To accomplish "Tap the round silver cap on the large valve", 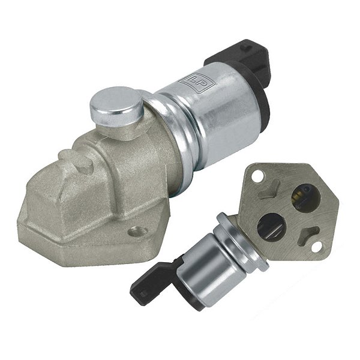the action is (x=116, y=106).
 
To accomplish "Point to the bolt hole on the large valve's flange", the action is (x=137, y=231).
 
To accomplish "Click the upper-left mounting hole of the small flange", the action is (x=257, y=176).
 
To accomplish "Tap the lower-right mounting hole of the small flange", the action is (x=317, y=247).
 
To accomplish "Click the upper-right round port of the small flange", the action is (x=306, y=199).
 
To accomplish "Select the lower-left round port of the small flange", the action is (x=272, y=227).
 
